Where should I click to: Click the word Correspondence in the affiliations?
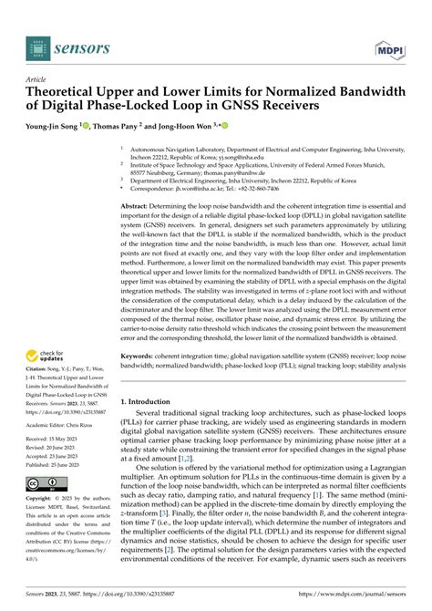point(157,188)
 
